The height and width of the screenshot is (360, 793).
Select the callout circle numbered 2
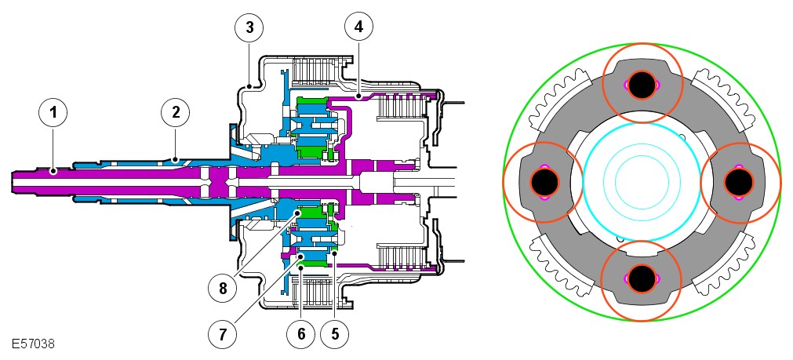[x=175, y=112]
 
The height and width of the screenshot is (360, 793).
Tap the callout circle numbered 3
[x=249, y=27]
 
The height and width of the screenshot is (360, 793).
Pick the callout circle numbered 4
[x=358, y=27]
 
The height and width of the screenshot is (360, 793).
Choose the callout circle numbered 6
[x=301, y=333]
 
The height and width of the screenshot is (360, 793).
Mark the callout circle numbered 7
[x=222, y=333]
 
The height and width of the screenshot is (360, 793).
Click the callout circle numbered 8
[x=222, y=289]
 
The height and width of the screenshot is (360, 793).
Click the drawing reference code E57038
[x=32, y=344]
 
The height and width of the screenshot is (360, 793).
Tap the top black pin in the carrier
[x=642, y=85]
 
